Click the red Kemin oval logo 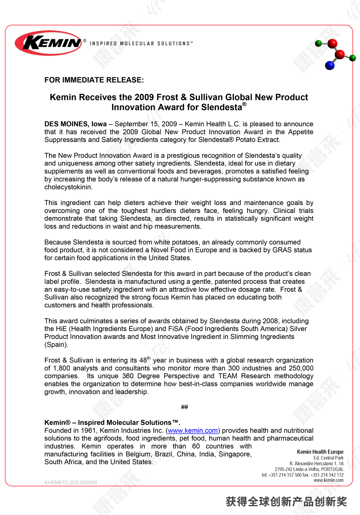point(49,43)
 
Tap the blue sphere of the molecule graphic point(330,65)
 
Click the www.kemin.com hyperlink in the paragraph point(193,431)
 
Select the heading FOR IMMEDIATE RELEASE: point(94,80)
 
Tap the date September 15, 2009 point(146,124)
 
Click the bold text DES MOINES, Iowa point(75,124)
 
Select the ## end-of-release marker point(184,407)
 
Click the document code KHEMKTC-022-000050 point(71,482)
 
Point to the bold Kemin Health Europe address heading point(320,452)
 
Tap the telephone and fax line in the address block point(302,475)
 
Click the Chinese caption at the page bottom point(286,502)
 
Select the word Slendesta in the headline point(222,107)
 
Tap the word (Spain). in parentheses point(56,345)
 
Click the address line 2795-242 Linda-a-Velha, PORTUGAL point(309,469)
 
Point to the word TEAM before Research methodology point(228,376)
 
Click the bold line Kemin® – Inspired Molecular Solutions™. point(112,423)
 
